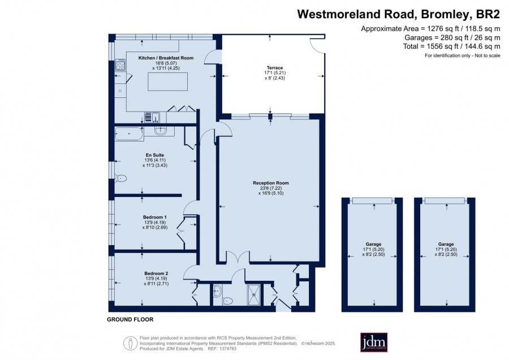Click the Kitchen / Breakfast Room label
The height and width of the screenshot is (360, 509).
[x=166, y=58]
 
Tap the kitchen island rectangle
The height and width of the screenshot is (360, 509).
[x=167, y=82]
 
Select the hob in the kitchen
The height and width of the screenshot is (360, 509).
[x=120, y=65]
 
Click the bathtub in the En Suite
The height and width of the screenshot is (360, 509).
[x=129, y=134]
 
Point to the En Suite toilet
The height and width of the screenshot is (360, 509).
[x=121, y=178]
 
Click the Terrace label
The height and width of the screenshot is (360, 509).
[x=275, y=67]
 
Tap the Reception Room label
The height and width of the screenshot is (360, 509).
[x=271, y=183]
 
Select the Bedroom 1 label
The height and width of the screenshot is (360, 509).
[x=155, y=217]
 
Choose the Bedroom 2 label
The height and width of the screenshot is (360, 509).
[x=156, y=273]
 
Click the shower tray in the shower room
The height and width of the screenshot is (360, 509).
[x=253, y=295]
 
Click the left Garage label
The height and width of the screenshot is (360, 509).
[x=373, y=244]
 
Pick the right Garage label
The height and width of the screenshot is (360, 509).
[x=446, y=244]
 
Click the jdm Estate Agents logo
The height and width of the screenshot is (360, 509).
[x=374, y=342]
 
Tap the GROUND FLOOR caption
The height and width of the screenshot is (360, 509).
[x=130, y=319]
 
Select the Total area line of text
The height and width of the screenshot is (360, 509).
[x=451, y=46]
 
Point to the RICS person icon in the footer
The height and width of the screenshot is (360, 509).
[x=130, y=343]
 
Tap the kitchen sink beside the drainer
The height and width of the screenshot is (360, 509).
[x=156, y=117]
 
